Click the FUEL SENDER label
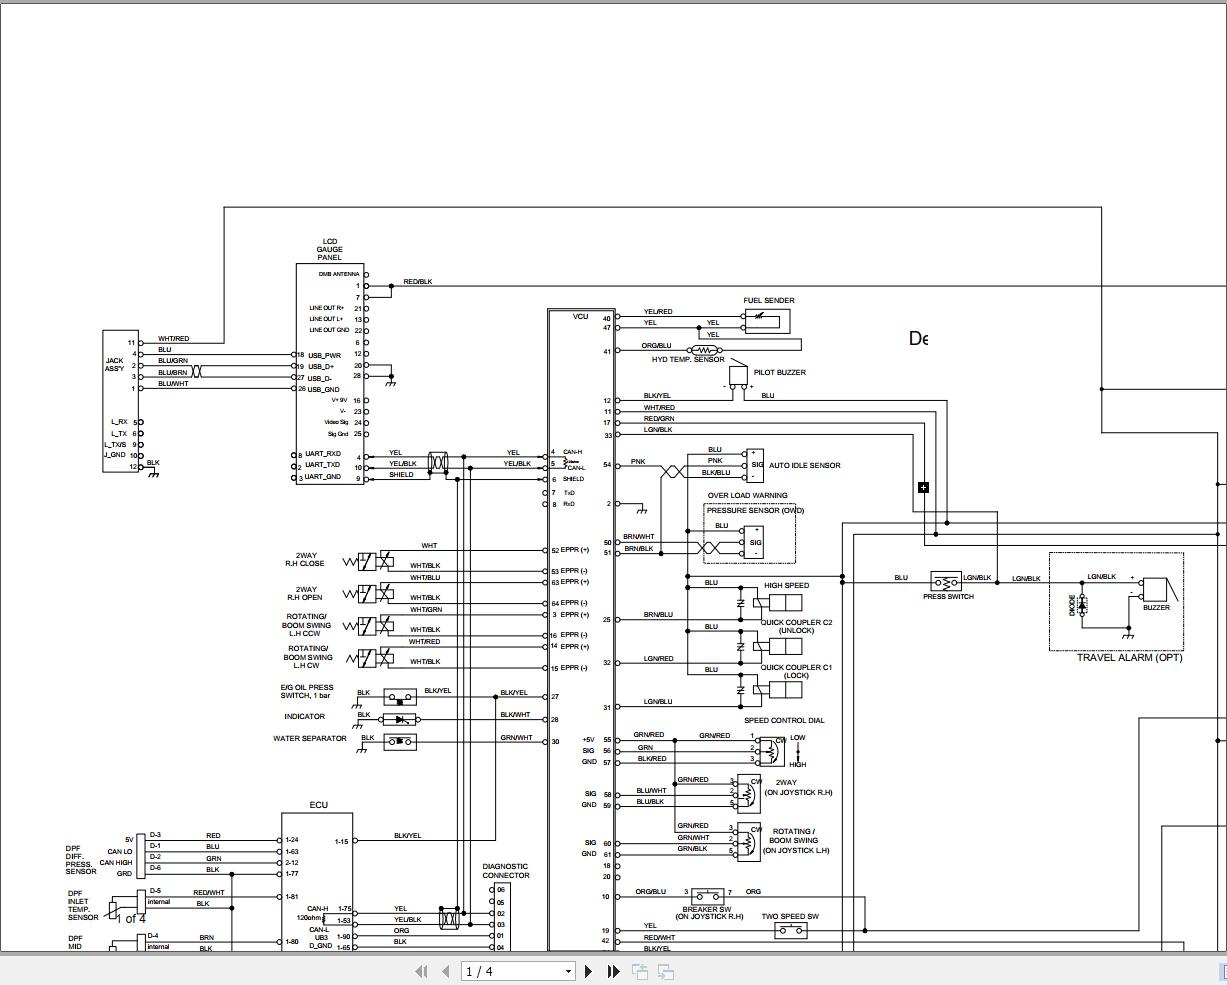click(768, 300)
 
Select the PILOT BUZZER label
click(780, 372)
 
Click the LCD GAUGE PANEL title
click(329, 249)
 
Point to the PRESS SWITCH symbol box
click(945, 581)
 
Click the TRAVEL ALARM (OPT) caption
click(1129, 658)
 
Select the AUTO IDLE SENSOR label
click(804, 465)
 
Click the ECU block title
click(318, 805)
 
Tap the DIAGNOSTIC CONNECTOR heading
click(505, 871)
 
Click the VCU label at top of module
click(580, 317)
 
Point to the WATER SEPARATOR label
click(309, 739)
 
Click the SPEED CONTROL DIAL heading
click(784, 720)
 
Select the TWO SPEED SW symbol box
click(791, 930)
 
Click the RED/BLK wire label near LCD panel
click(417, 282)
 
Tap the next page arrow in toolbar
click(588, 971)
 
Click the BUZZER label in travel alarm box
click(1156, 608)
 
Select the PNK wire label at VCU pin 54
click(638, 463)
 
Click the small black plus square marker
click(923, 487)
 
